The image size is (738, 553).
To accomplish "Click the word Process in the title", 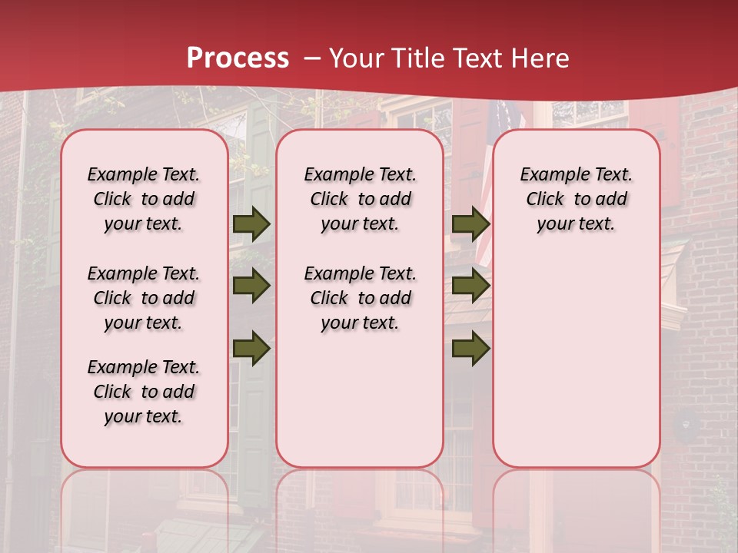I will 238,58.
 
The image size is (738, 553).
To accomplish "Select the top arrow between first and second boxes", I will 251,224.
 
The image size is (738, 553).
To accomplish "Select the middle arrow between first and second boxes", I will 251,286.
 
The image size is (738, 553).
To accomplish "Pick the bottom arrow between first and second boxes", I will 251,349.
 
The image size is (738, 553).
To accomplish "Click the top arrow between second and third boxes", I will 470,224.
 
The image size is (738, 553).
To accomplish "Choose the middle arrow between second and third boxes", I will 470,286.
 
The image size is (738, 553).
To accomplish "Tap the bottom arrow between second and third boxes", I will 470,349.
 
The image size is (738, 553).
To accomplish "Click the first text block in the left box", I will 144,199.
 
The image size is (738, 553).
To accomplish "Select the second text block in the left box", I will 144,298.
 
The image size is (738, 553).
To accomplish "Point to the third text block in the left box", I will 144,392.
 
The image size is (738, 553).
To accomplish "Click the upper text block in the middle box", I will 360,199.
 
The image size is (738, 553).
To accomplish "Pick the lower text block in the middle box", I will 360,298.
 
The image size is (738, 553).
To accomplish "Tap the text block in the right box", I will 576,199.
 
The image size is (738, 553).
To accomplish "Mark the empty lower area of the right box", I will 576,361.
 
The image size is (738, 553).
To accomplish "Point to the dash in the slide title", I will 312,58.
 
